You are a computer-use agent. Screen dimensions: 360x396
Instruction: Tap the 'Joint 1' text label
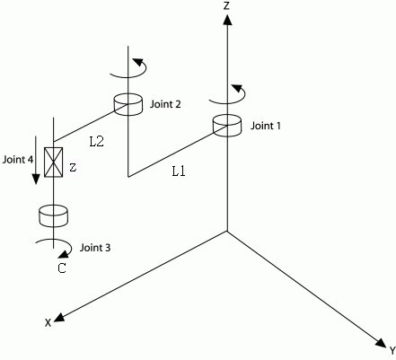point(267,126)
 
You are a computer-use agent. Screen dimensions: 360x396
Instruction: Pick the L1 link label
point(179,170)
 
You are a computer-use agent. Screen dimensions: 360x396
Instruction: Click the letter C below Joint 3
point(61,266)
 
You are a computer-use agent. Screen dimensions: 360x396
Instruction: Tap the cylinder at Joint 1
point(227,126)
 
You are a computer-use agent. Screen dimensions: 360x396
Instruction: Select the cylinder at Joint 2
point(129,105)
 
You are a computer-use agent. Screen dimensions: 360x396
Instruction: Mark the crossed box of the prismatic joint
point(53,165)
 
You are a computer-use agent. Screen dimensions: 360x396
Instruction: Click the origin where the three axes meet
point(227,231)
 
